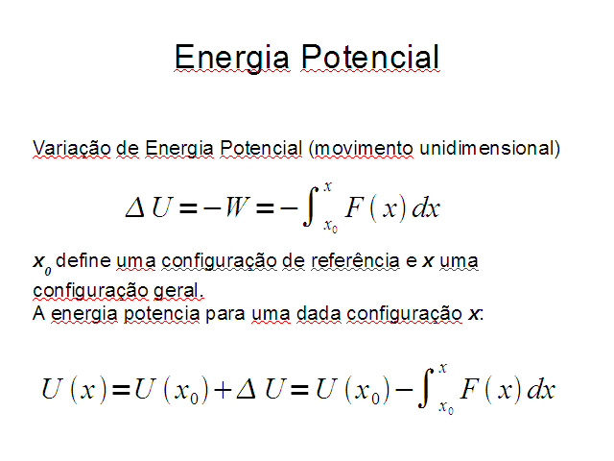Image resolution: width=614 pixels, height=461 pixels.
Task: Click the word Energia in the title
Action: tap(232, 58)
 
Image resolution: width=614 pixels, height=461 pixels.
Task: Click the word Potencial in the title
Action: tap(370, 58)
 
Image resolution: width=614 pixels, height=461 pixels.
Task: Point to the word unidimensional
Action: tap(487, 149)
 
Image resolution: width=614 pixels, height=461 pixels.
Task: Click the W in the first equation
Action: tap(237, 206)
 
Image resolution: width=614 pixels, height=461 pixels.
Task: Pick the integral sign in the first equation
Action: tap(311, 206)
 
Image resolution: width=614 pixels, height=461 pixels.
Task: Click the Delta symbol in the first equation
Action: tap(135, 207)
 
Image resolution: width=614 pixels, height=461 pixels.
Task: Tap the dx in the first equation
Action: tap(426, 207)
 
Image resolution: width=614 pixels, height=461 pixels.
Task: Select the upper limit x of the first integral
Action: tap(327, 186)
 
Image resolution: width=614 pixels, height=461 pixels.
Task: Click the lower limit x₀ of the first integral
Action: tap(330, 227)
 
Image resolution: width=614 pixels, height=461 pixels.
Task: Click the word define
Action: tap(83, 260)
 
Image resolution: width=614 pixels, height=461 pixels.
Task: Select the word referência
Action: tap(355, 261)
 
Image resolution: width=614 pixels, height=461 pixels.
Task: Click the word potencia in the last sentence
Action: tap(162, 315)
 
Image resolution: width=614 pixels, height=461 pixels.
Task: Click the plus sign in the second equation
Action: tap(223, 391)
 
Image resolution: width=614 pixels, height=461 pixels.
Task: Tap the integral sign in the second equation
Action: tap(425, 388)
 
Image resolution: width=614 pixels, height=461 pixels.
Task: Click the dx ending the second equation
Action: tap(541, 390)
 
